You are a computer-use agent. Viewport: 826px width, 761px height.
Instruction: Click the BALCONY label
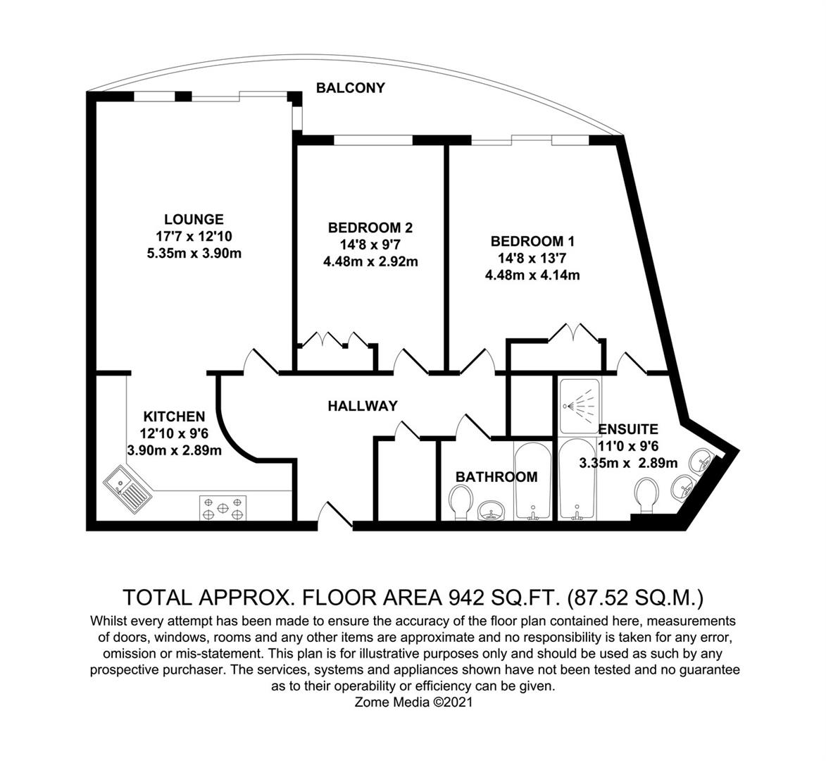coord(350,88)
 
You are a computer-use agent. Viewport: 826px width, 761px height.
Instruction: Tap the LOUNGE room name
coord(194,219)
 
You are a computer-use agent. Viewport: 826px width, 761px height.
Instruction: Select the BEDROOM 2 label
coord(370,228)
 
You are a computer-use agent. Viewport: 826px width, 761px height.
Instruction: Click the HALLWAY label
coord(362,406)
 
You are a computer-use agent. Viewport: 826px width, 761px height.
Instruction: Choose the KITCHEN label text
coord(174,416)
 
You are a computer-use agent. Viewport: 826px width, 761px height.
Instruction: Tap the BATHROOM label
coord(496,477)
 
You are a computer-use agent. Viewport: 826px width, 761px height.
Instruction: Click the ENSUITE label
coord(627,428)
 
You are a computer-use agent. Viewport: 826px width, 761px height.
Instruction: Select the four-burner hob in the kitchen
coord(223,507)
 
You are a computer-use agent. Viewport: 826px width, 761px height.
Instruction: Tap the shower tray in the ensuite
coord(579,406)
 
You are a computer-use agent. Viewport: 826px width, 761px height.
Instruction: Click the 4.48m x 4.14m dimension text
coord(532,276)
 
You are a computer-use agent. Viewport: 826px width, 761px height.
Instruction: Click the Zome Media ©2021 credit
coord(414,702)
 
